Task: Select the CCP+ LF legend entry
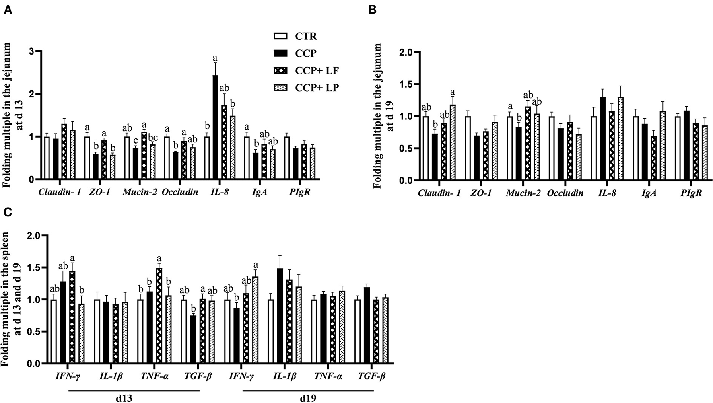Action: click(x=317, y=71)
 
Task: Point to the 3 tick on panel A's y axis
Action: click(x=33, y=51)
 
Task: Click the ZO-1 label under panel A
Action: click(x=99, y=192)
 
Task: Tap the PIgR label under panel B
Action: click(x=692, y=193)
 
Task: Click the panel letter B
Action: click(x=373, y=10)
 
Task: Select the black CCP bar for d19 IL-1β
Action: click(x=280, y=316)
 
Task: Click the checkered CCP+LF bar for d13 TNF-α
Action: click(x=159, y=316)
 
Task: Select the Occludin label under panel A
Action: click(x=180, y=192)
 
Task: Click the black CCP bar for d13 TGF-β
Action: click(x=194, y=339)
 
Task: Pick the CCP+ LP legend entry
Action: click(x=317, y=88)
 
